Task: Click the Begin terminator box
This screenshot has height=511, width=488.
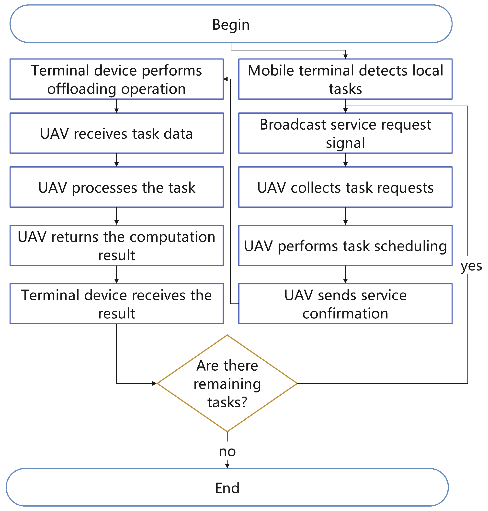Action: pos(231,24)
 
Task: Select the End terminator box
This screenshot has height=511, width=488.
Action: pos(227,487)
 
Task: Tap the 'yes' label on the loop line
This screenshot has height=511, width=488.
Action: pos(471,266)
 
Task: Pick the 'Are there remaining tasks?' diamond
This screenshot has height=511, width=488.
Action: pos(227,383)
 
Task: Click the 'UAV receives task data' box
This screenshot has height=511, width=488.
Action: pos(116,133)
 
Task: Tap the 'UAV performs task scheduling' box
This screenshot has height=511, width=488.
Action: pos(345,245)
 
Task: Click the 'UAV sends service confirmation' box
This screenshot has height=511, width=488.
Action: pos(345,304)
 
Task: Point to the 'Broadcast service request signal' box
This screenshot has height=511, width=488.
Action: pos(345,133)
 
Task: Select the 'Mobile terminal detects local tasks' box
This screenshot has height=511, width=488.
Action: pos(345,79)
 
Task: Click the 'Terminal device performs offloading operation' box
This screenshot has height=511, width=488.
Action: pos(116,79)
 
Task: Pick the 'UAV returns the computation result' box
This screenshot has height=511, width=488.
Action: pos(116,245)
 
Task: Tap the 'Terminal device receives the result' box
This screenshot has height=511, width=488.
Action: pos(116,304)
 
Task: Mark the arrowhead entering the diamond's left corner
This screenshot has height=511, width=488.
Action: pos(154,383)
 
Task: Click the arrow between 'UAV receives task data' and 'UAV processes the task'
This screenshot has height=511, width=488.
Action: pos(116,160)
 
